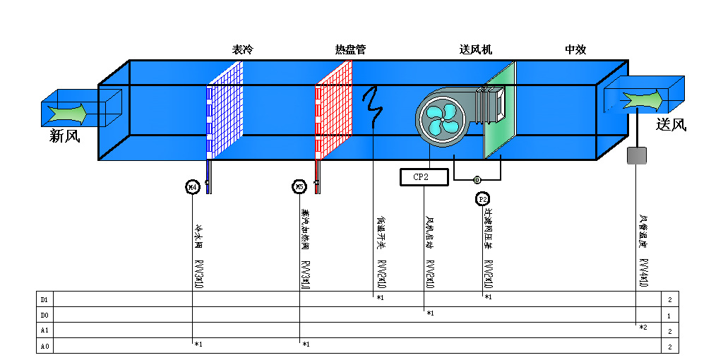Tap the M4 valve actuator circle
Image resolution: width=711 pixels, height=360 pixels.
coord(192,186)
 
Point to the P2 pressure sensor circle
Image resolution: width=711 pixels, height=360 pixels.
coord(483,200)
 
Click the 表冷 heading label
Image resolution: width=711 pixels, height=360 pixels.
coord(242,50)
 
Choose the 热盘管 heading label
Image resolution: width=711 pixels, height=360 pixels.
coord(350,50)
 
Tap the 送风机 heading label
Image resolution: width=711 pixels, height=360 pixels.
coord(475,50)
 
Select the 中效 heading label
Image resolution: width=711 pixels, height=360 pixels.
coord(575,50)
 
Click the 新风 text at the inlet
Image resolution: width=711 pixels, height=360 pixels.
coord(64,136)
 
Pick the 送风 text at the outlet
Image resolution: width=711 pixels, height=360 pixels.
coord(671,125)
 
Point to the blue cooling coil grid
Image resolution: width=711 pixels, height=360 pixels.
coord(225,109)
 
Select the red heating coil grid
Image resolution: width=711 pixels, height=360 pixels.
coord(333,109)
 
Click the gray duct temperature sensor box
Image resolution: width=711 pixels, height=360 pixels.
coord(637,155)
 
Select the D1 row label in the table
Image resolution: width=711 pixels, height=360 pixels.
coord(44,299)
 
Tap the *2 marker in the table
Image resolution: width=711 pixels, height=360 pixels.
coord(643,328)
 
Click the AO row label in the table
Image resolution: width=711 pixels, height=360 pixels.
coord(44,346)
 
